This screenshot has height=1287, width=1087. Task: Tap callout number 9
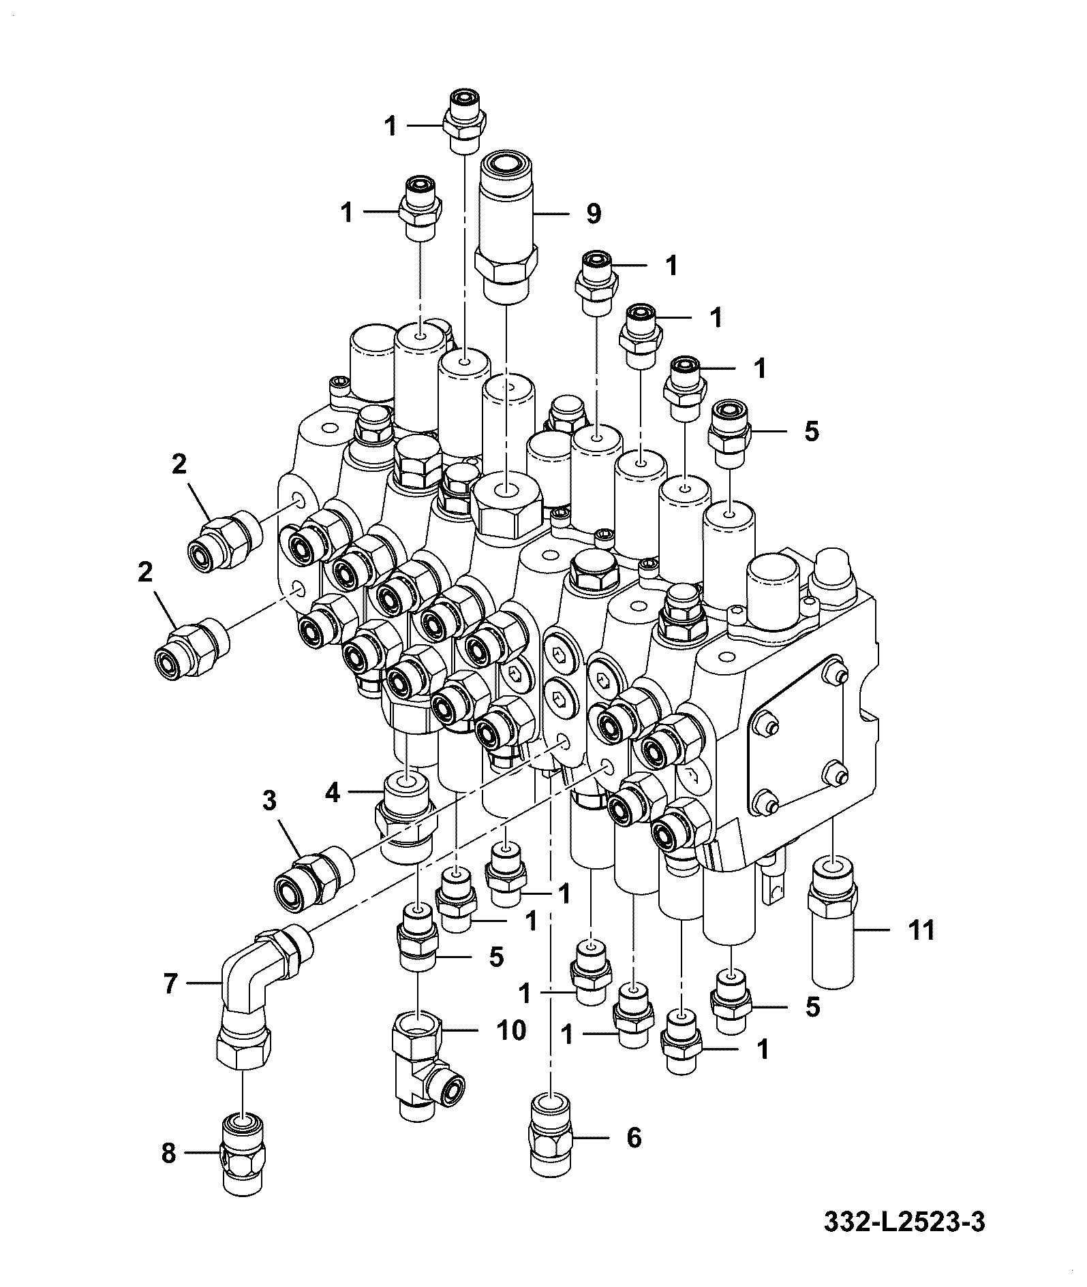point(594,214)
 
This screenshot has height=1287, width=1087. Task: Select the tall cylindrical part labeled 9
point(507,227)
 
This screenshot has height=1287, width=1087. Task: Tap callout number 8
point(168,1153)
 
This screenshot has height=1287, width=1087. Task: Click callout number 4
point(333,793)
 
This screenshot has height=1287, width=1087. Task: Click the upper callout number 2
point(179,464)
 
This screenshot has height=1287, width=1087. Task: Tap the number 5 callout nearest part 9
point(811,432)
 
